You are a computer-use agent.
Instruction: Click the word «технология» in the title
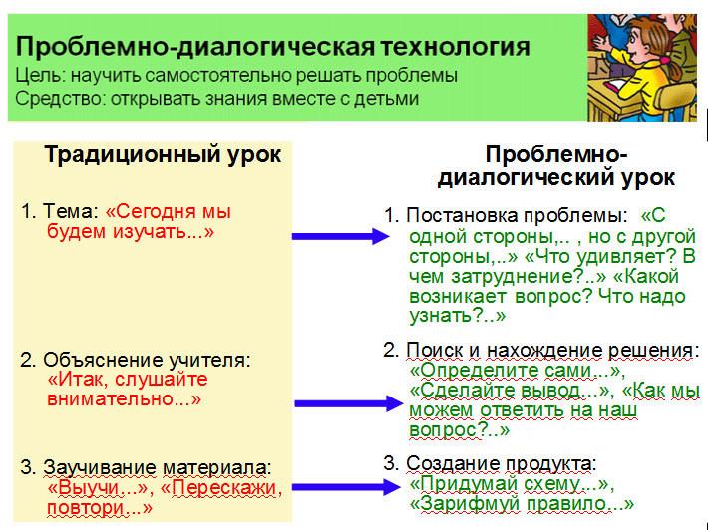455,47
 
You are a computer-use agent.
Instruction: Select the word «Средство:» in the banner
61,99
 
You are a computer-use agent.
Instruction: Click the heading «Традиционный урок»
163,155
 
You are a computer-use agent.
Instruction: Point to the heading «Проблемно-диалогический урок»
556,166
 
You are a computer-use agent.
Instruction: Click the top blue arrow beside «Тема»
341,236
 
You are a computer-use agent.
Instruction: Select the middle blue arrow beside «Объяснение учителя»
348,402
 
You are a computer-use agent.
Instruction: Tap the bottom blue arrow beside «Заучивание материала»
346,487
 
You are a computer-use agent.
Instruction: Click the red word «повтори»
86,509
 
